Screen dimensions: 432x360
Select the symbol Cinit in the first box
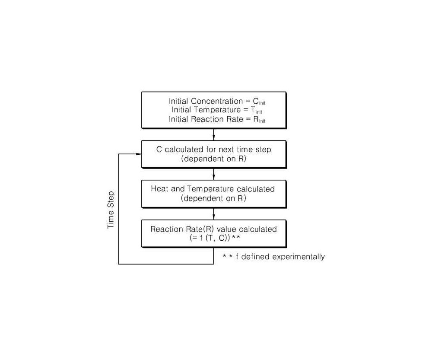coord(259,102)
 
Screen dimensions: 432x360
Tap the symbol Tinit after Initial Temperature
coord(256,110)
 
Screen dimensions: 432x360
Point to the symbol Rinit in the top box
coord(259,120)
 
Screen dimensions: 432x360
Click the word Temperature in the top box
coord(217,110)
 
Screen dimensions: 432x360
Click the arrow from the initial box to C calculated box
coord(213,134)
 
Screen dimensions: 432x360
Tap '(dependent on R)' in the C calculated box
coord(213,159)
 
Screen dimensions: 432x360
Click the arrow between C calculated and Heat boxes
coord(213,174)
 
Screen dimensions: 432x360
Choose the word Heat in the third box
coord(160,189)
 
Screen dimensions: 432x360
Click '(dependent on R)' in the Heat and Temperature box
coord(213,198)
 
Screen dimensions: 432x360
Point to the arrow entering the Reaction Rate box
coord(213,214)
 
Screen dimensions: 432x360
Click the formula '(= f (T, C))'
coord(210,238)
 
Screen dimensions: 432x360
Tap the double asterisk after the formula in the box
coord(236,237)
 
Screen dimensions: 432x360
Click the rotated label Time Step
coord(111,210)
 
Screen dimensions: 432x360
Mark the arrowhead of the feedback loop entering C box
coord(139,154)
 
